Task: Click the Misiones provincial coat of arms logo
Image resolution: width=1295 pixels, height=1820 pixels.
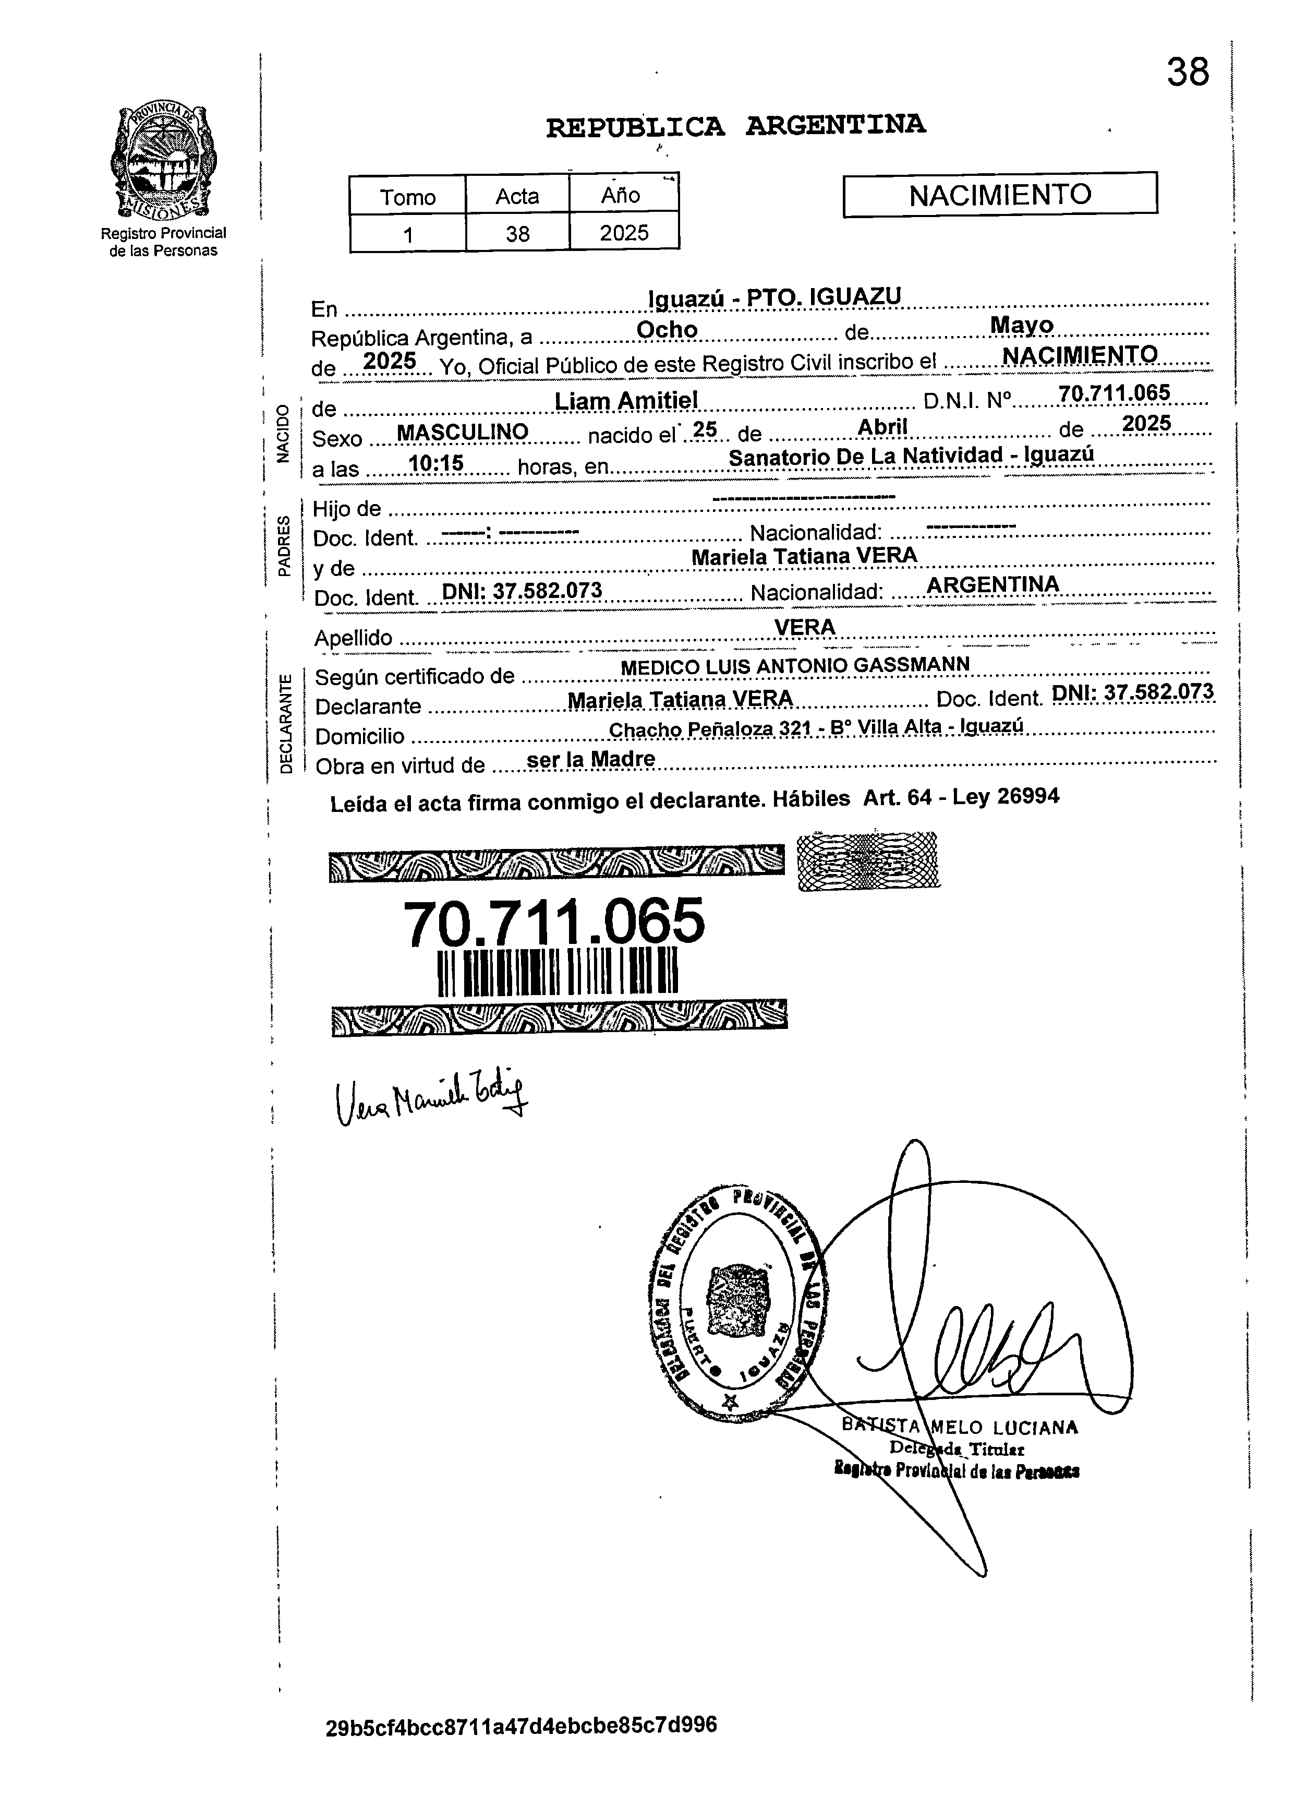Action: (163, 162)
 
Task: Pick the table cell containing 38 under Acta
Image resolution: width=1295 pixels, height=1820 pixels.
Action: (517, 234)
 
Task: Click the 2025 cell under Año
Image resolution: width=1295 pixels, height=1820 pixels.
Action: (624, 233)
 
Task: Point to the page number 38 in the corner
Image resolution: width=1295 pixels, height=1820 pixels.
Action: (1188, 73)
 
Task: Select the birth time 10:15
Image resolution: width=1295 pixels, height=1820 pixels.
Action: (435, 463)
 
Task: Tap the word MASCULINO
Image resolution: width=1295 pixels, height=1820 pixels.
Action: (463, 432)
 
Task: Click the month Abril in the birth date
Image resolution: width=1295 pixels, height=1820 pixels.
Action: (883, 427)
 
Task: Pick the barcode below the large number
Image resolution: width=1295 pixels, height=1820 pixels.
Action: (558, 971)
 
